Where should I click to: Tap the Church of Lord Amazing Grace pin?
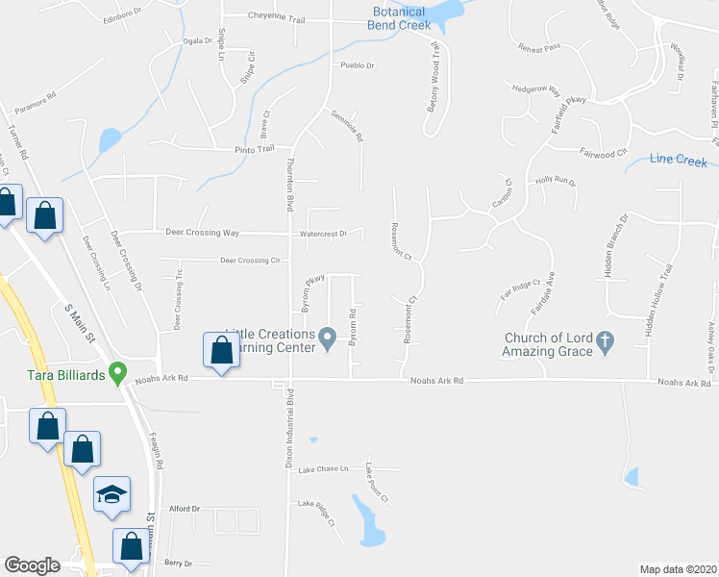(605, 340)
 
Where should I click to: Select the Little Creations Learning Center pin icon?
(327, 337)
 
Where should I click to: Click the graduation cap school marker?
(112, 494)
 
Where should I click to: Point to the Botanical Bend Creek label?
(399, 18)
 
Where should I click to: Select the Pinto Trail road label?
(255, 149)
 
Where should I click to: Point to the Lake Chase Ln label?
(321, 469)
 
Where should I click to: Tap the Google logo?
(32, 565)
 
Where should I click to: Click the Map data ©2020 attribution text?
(678, 569)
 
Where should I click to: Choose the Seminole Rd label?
(348, 126)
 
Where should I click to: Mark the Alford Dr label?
(184, 508)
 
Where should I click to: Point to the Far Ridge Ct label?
(520, 286)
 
